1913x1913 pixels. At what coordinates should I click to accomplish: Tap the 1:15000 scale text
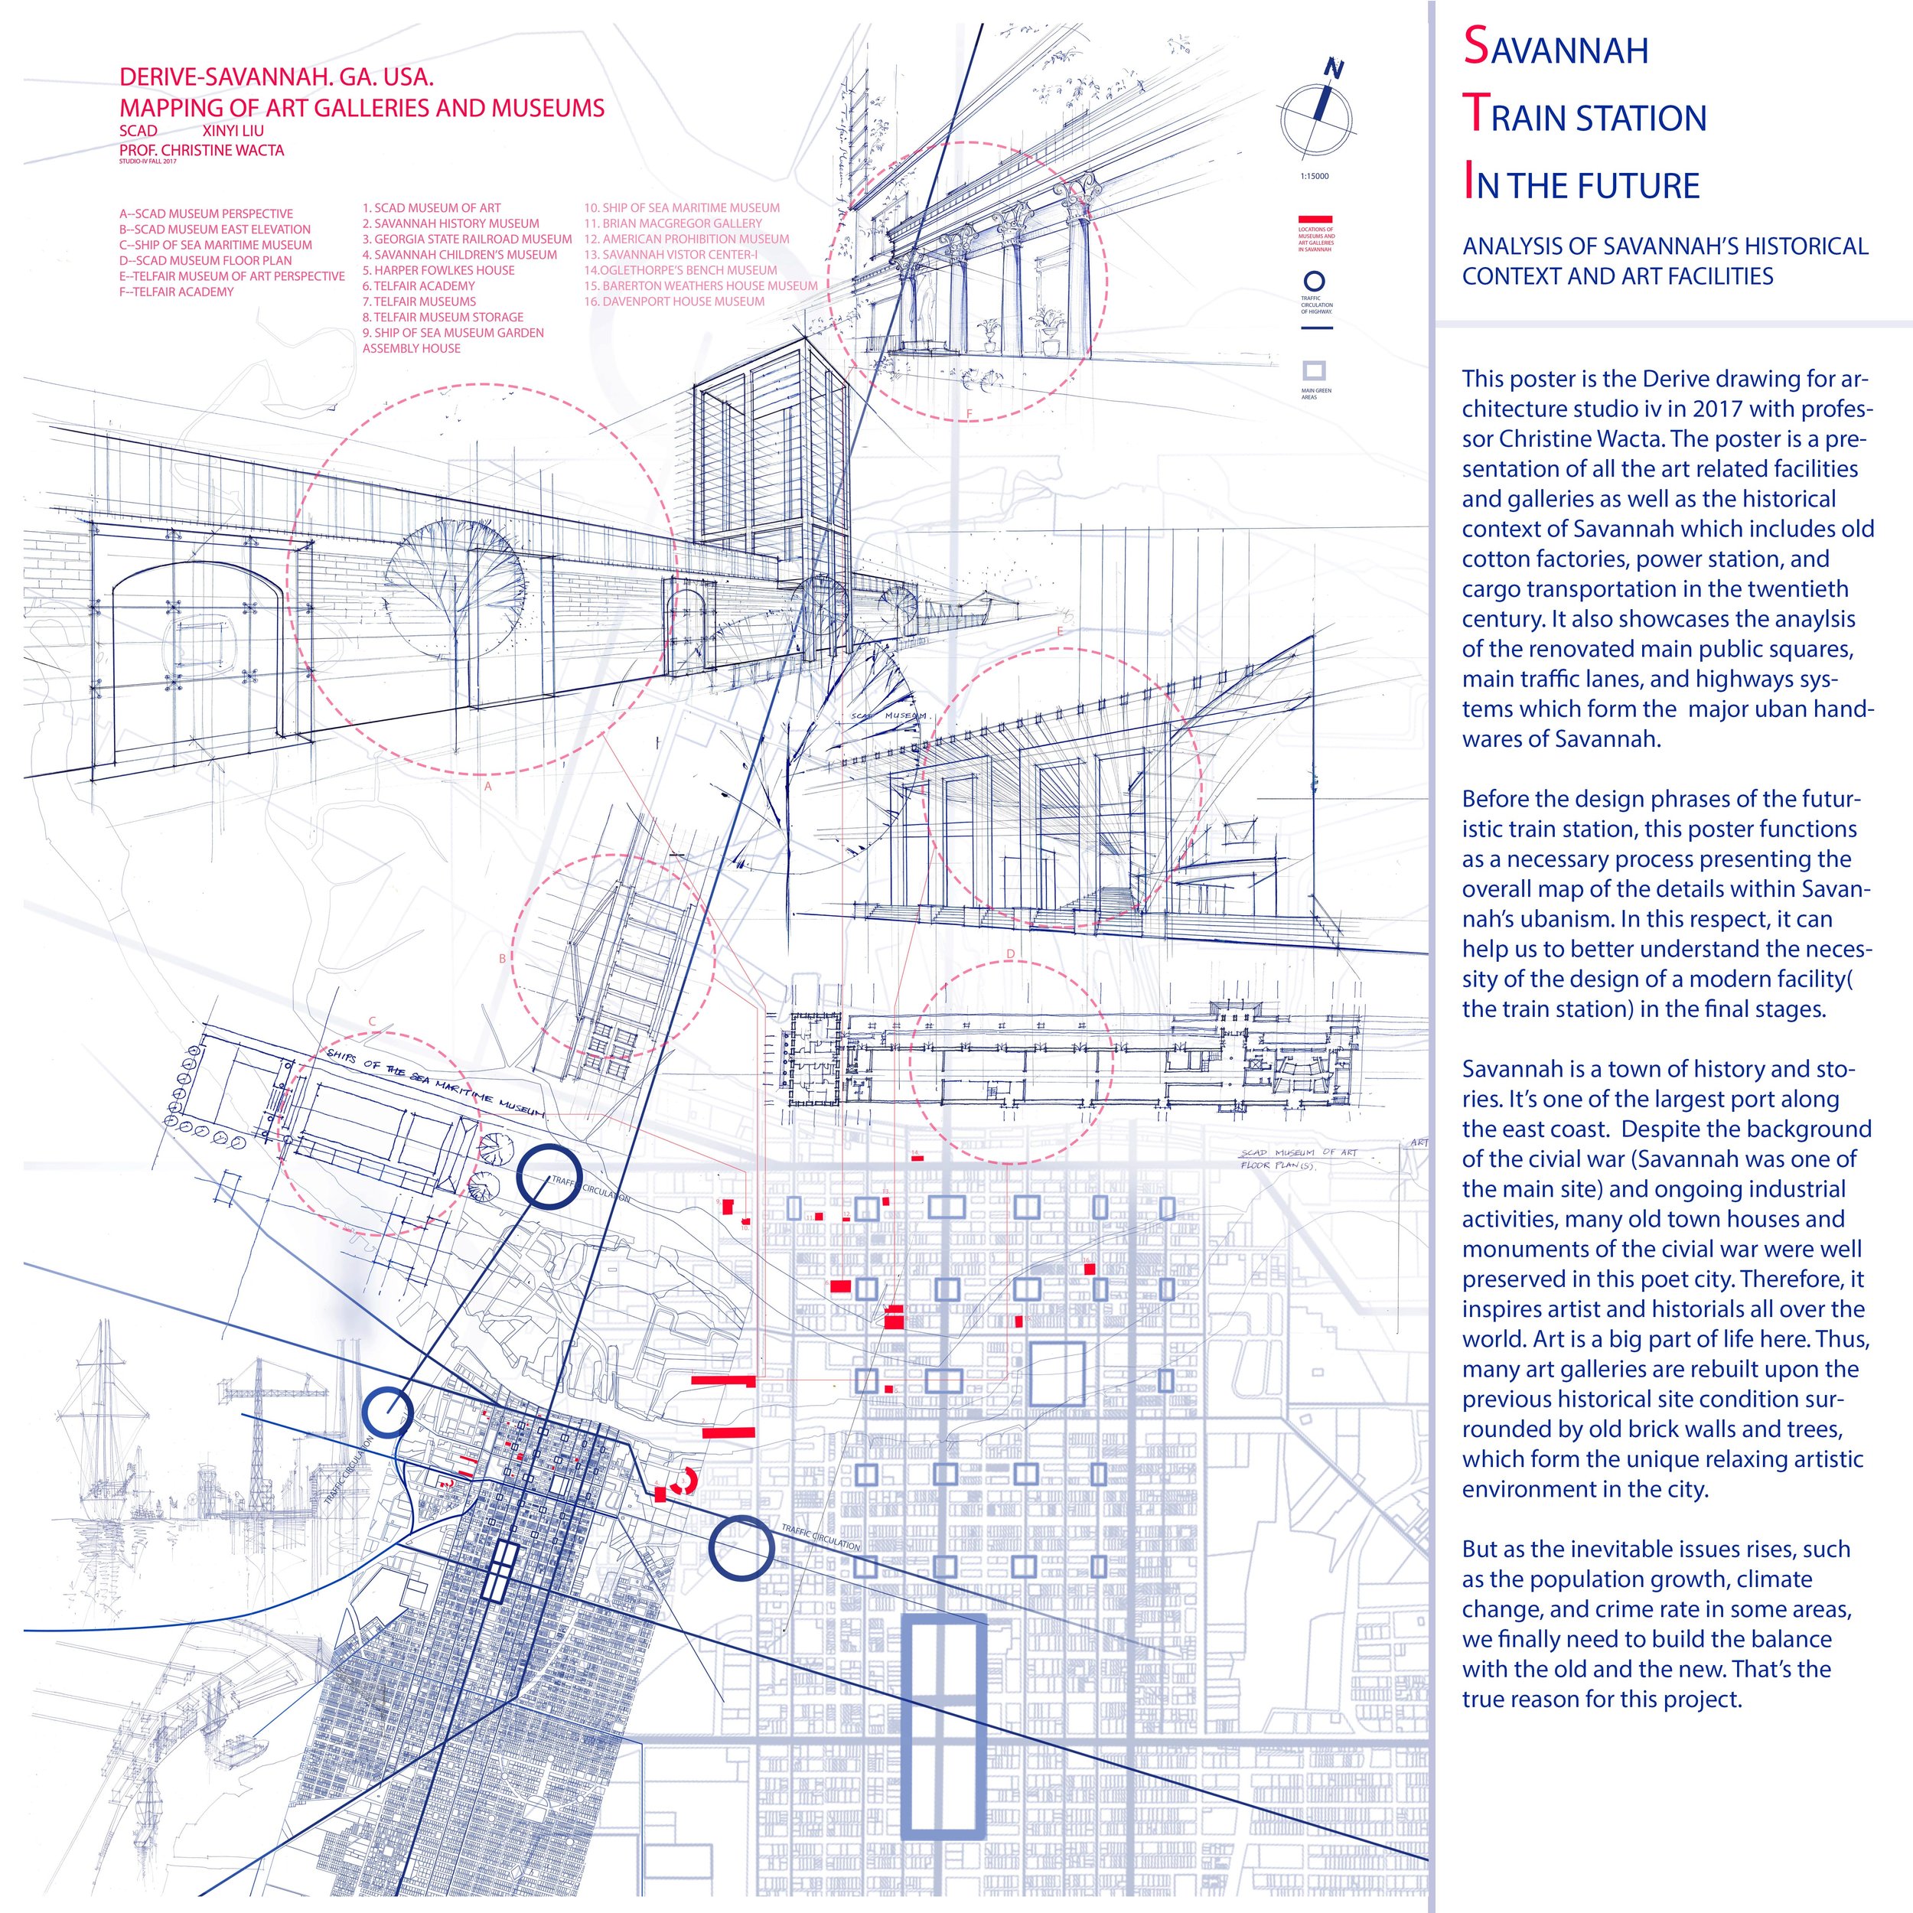pos(1315,176)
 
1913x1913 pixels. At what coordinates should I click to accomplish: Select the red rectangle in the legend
pos(1315,219)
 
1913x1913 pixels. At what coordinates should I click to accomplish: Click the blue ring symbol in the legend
pos(1315,282)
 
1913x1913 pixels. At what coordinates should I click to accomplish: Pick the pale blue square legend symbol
pos(1314,371)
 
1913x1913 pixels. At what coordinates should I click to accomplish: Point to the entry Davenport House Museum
pos(673,301)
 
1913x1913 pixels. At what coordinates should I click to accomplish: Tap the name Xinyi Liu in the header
pos(233,131)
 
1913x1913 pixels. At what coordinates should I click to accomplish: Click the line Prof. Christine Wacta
pos(201,151)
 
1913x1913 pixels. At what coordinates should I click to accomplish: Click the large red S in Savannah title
pos(1475,47)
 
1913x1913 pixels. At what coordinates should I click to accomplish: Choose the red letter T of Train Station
pos(1475,114)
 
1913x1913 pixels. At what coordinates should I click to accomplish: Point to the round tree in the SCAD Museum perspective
pos(454,575)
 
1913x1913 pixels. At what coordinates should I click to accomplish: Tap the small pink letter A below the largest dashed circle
pos(487,785)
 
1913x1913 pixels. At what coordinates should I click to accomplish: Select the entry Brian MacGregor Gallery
pos(673,223)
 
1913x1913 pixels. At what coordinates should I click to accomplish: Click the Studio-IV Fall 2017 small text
pos(148,161)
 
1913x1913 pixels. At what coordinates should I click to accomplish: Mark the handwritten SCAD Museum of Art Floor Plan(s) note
pos(1298,1158)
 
